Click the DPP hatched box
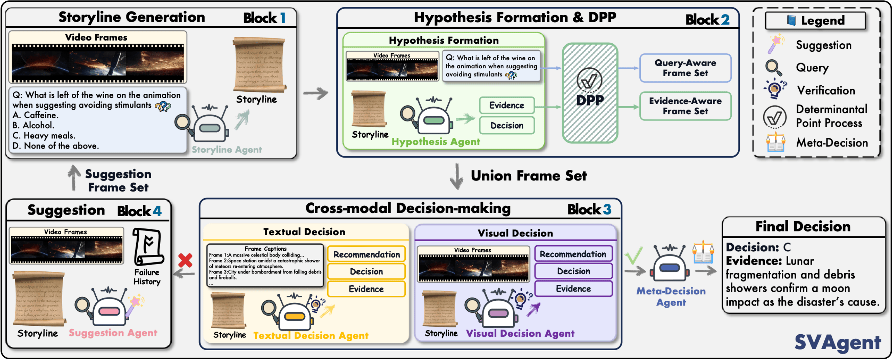[x=590, y=93]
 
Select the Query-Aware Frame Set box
[x=685, y=68]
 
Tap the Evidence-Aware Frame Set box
[x=685, y=106]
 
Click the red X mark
[x=185, y=260]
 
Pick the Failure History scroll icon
[x=148, y=247]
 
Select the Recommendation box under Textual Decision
[x=366, y=254]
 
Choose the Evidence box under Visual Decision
[x=573, y=289]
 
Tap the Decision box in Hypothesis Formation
[x=507, y=126]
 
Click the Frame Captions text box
[x=265, y=266]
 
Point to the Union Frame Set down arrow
[x=457, y=176]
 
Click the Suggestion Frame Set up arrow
[x=73, y=178]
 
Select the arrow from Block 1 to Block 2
[x=315, y=93]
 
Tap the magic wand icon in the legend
[x=776, y=44]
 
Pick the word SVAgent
[x=838, y=343]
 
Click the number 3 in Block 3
[x=607, y=209]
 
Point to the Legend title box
[x=815, y=20]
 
